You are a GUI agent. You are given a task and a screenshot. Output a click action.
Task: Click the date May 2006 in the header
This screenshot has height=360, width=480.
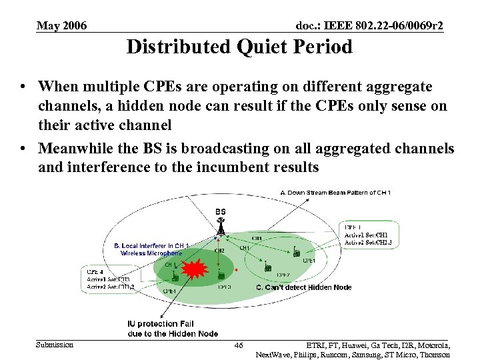(61, 26)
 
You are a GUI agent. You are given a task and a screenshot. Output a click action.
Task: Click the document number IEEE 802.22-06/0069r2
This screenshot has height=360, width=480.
(369, 26)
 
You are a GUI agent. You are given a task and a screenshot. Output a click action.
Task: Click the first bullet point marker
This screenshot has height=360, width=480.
(24, 87)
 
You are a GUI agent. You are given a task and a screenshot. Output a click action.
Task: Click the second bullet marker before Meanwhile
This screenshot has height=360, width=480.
(24, 149)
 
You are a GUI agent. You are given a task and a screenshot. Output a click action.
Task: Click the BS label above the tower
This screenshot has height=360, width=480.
(220, 211)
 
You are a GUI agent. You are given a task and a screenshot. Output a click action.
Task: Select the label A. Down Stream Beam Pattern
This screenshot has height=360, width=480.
(335, 193)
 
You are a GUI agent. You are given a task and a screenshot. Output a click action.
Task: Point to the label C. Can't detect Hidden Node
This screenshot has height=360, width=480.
(303, 287)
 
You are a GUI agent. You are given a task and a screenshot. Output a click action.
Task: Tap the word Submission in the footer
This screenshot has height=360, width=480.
(55, 345)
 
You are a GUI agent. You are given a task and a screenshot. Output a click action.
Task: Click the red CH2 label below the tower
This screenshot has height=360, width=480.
(219, 251)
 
